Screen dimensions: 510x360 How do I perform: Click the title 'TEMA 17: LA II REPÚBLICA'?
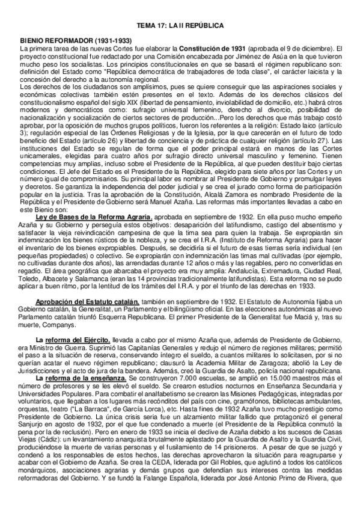(180, 26)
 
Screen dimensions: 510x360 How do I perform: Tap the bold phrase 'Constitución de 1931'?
(206, 47)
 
